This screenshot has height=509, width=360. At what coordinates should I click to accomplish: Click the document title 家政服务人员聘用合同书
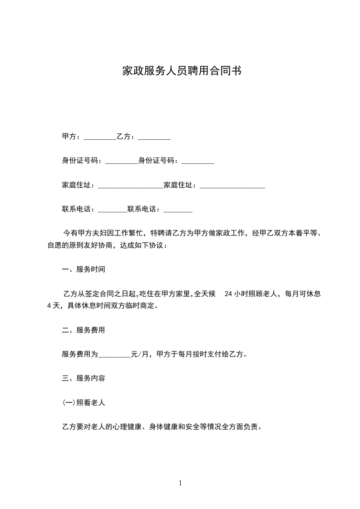pos(181,71)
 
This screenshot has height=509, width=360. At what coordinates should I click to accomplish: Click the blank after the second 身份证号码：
pos(197,161)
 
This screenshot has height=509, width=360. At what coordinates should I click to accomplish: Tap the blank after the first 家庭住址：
pos(130,186)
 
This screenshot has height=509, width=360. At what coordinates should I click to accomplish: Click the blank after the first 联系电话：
pos(113,210)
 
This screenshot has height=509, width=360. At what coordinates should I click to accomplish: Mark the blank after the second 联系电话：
pos(178,210)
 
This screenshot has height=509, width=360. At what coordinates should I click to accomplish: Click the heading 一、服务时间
pos(84,269)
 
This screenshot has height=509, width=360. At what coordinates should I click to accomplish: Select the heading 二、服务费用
pos(84,330)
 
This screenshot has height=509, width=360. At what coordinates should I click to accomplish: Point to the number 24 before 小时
pos(229,294)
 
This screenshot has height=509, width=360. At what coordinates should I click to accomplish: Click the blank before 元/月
pos(114,355)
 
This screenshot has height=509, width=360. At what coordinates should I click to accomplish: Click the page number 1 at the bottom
pos(180,483)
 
